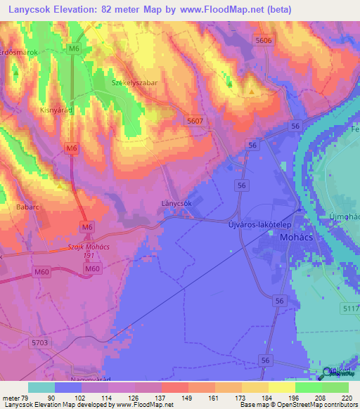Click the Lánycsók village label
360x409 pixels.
(176, 203)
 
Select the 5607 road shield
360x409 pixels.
(195, 121)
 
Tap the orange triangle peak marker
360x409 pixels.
(251, 90)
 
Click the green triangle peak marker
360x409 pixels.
(229, 84)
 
